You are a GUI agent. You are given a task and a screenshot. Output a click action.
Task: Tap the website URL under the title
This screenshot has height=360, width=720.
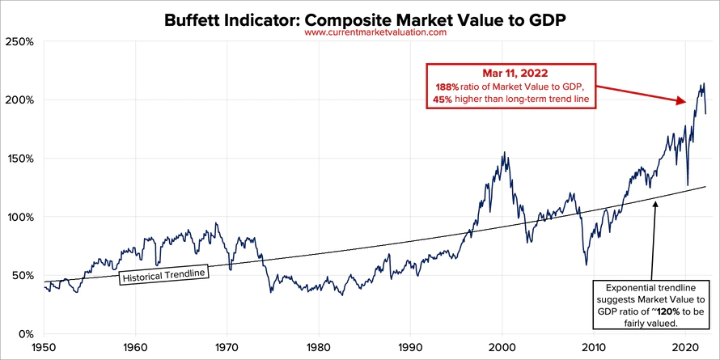375,33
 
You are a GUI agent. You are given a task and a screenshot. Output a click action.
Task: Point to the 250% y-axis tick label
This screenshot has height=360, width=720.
19,41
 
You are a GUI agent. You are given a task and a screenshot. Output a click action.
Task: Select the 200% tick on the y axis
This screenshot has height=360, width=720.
19,100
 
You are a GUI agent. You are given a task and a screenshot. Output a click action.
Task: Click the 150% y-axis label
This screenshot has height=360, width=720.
19,159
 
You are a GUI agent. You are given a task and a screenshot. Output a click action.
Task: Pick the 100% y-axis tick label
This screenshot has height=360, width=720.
19,217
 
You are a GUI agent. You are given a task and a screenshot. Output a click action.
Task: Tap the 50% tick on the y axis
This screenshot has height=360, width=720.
21,275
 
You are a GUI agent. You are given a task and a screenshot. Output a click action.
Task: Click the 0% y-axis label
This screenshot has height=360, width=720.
24,333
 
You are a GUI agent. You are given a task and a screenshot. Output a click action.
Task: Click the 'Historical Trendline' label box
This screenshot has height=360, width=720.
164,275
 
